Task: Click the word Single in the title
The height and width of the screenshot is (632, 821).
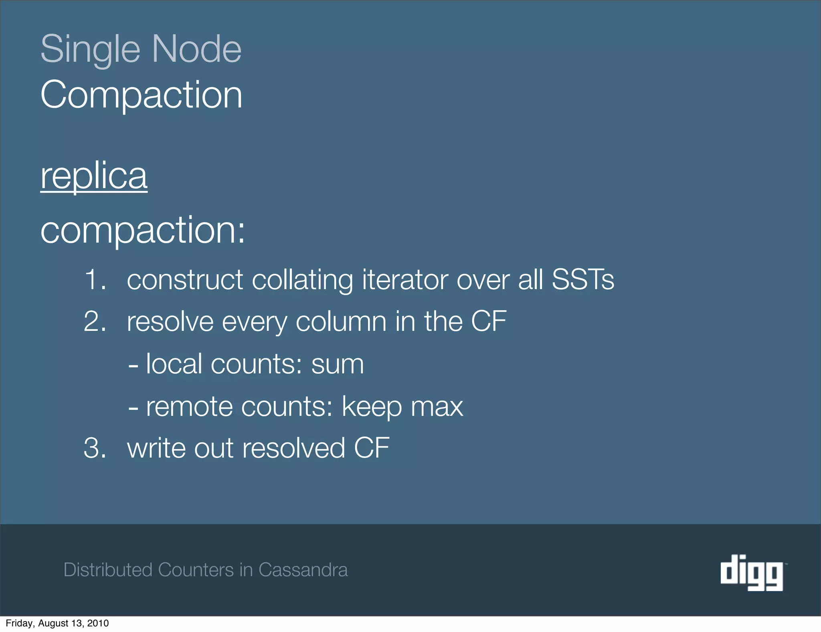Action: tap(90, 49)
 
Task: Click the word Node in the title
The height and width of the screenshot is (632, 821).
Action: tap(196, 49)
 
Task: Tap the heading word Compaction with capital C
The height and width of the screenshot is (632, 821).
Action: tap(141, 95)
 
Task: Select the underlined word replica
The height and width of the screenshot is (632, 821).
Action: tap(94, 176)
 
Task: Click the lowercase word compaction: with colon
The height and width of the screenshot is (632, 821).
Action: tap(142, 231)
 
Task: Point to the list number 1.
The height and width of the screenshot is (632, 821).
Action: tap(95, 280)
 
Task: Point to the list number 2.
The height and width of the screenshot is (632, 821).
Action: tap(95, 322)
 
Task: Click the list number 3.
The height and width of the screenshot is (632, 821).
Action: tap(95, 448)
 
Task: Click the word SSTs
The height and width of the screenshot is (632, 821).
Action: tap(582, 280)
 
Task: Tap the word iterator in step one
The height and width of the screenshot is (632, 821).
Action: tap(405, 280)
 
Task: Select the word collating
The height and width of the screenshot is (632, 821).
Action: tap(302, 280)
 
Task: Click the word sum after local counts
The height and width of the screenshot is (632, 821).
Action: tap(337, 365)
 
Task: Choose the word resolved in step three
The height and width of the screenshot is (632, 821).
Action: tap(293, 448)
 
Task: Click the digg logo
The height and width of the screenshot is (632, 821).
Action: tap(752, 572)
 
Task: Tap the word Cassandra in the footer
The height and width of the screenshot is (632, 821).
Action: tap(303, 570)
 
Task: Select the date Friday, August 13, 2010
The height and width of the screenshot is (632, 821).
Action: tap(57, 623)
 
